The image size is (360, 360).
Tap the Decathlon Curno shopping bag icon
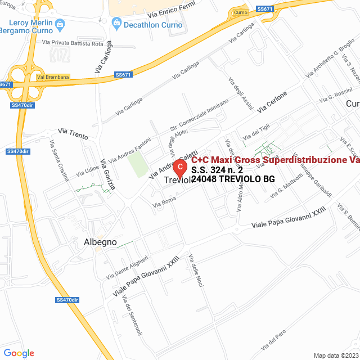coord(116,23)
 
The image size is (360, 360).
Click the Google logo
coord(19,353)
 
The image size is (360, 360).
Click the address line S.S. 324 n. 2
coord(217,169)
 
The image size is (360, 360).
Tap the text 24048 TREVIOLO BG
coord(233,179)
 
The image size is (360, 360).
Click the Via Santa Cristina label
coord(59,160)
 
